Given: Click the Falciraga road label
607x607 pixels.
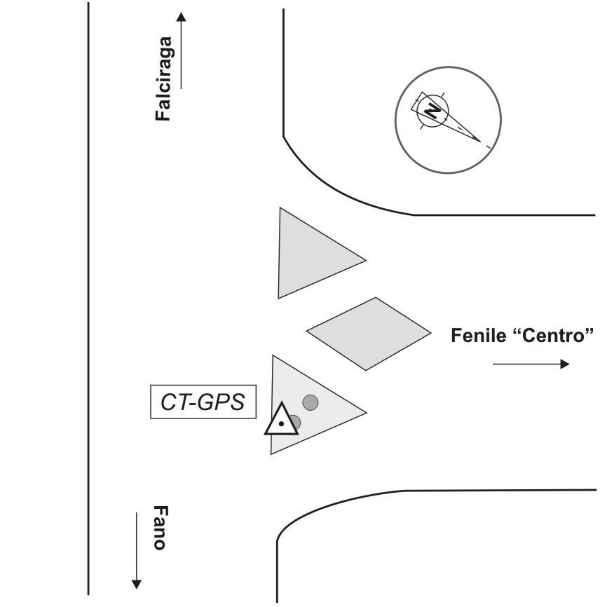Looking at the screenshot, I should click(164, 79).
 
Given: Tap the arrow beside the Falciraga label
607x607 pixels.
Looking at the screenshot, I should click(181, 49).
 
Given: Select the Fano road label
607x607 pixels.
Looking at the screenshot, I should click(159, 528).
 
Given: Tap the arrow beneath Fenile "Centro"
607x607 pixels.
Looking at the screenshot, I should click(531, 364).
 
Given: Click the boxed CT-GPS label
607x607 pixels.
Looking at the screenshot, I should click(203, 402).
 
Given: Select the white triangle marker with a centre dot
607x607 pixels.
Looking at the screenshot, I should click(280, 421).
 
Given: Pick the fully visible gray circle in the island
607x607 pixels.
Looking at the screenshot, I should click(311, 402).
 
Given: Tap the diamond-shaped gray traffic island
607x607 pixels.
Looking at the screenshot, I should click(369, 333).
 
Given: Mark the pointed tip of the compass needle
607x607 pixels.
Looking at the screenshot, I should click(481, 142).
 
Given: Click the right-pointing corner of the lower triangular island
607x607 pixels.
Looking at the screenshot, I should click(365, 410).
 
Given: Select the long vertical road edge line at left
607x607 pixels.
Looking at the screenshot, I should click(88, 301).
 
